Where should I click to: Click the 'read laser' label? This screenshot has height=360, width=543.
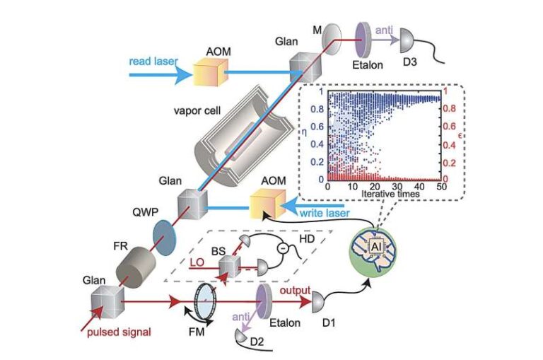pos(154,62)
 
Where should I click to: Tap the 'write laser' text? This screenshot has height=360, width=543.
pos(325,212)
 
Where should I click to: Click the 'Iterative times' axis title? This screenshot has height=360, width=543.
pos(385,192)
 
